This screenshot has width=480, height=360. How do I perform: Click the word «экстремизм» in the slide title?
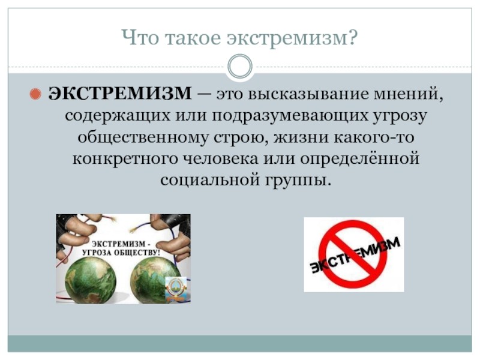coord(287,39)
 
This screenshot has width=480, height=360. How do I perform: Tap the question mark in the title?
coord(352,37)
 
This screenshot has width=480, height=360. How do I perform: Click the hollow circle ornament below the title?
coord(241,66)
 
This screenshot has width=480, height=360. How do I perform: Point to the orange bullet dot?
coord(35,94)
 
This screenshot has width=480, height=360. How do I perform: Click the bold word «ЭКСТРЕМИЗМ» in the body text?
coord(120,93)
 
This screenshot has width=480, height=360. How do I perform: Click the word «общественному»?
coord(143,137)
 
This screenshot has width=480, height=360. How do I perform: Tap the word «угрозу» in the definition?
coord(400,116)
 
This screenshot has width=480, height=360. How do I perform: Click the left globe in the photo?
coord(91,280)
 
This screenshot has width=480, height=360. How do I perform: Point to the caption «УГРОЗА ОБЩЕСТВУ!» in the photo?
coord(121,253)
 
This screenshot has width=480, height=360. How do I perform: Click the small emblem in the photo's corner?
coord(175,289)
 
